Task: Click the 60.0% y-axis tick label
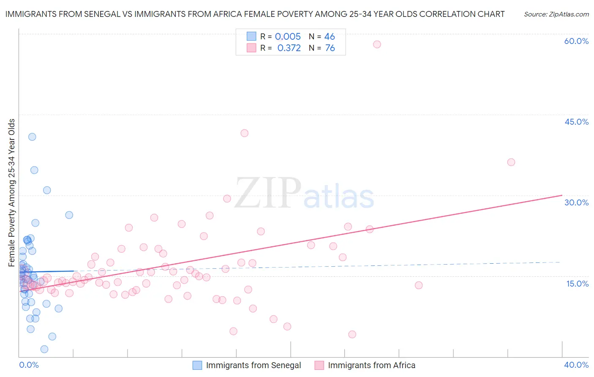coord(576,41)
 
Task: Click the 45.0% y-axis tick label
coord(576,122)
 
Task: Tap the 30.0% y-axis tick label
coord(576,202)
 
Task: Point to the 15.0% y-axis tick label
coord(577,284)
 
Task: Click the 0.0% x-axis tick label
coord(29,365)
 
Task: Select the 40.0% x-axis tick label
coord(576,365)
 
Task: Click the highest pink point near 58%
coord(377,44)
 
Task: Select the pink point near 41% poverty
coord(244,133)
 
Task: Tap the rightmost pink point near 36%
coord(511,162)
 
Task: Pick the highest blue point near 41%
coord(32,137)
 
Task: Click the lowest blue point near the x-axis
coord(44,349)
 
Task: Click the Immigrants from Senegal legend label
coord(253,365)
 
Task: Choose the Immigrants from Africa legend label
coord(372,365)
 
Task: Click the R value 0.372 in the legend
coord(289,48)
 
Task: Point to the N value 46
coord(330,37)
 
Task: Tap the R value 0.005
coord(288,37)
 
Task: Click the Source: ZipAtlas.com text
coord(556,14)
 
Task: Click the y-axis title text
coord(12,193)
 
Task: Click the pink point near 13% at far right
coord(419,285)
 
